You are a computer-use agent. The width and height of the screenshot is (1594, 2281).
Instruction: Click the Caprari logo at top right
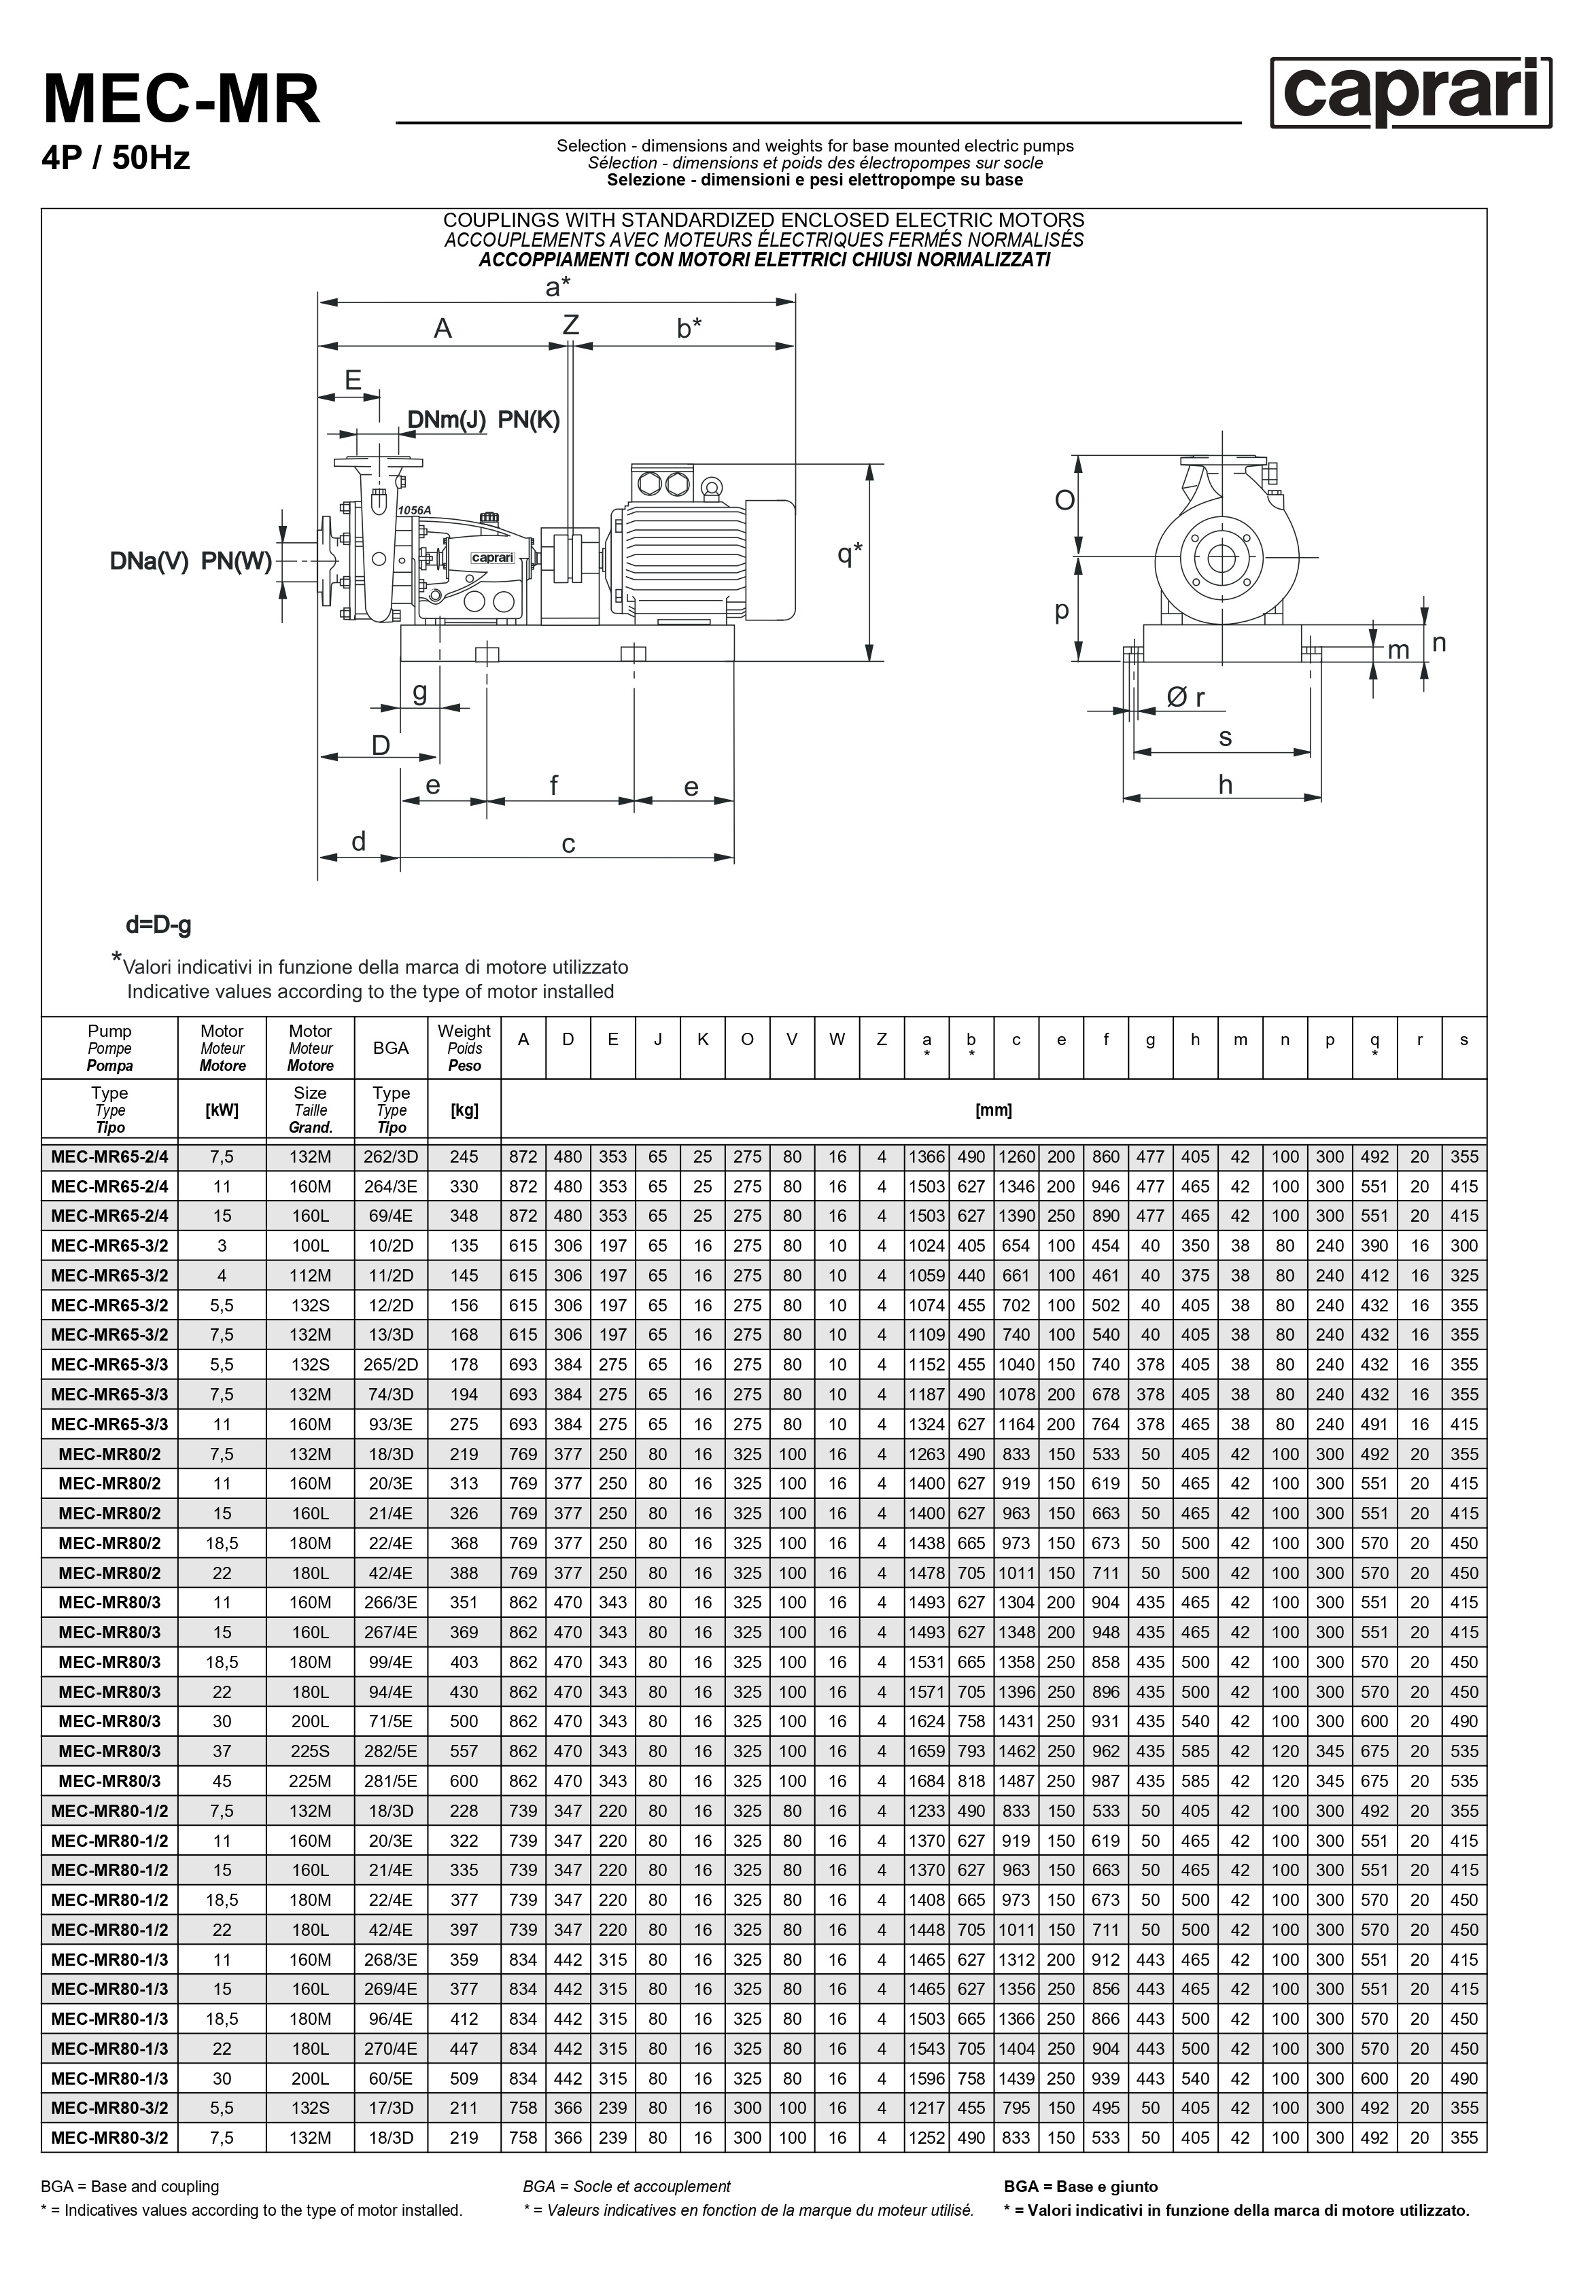[x=1410, y=92]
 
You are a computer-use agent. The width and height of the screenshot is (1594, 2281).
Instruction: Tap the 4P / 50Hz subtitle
[x=116, y=158]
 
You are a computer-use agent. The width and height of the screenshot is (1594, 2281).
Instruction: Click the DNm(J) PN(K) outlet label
[x=484, y=420]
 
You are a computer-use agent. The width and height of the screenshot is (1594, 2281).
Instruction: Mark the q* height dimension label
[x=849, y=553]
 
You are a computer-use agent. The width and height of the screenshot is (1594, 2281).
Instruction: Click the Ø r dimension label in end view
[x=1185, y=697]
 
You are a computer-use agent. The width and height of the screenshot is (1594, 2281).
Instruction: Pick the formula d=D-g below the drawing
[x=158, y=925]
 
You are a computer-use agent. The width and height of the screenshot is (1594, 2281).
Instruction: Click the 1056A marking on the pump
[x=415, y=510]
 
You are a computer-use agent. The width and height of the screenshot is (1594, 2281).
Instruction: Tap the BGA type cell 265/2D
[x=391, y=1364]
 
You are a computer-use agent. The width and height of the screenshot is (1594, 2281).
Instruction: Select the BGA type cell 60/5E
[x=391, y=2079]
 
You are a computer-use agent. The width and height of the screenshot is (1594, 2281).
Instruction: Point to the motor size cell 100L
[x=310, y=1245]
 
